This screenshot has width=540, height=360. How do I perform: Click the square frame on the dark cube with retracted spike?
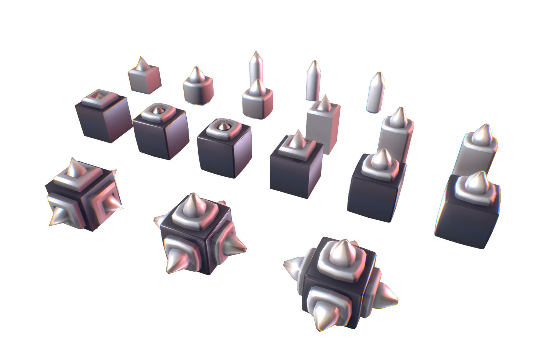tap(101, 98)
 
